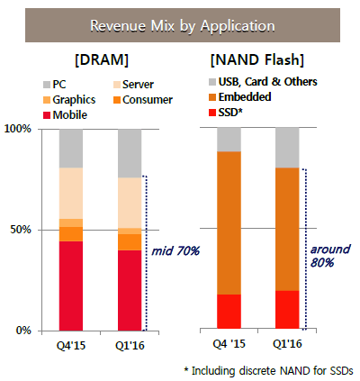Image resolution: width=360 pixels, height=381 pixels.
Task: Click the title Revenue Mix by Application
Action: point(183,25)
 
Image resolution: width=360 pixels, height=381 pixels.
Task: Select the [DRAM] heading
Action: point(102,59)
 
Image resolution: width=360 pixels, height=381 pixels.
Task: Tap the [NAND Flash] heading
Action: point(257,59)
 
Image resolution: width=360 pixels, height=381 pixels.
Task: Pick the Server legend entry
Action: point(133,85)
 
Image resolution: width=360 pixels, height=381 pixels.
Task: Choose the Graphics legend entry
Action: point(69,100)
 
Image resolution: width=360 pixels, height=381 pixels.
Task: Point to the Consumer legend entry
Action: point(143,100)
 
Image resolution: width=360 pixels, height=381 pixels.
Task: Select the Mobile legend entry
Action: point(65,115)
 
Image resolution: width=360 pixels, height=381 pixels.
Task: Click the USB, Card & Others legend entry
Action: point(263,82)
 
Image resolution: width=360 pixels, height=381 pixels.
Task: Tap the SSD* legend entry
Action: point(225,113)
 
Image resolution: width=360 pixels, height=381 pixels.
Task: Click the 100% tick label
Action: point(18,129)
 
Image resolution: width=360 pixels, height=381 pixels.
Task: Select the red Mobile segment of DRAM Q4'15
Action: point(71,286)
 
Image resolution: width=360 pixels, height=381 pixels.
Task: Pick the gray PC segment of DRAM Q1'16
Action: point(130,153)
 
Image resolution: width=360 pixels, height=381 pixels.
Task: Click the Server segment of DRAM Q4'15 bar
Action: point(71,194)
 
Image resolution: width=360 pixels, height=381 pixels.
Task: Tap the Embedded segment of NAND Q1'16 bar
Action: point(287,229)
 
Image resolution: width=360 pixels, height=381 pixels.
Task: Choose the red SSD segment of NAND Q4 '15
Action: point(229,312)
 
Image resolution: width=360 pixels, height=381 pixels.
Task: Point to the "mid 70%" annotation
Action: point(175,251)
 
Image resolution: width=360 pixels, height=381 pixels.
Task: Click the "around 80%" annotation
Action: point(330,256)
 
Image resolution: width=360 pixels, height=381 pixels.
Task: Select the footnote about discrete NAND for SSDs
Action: point(269,371)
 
